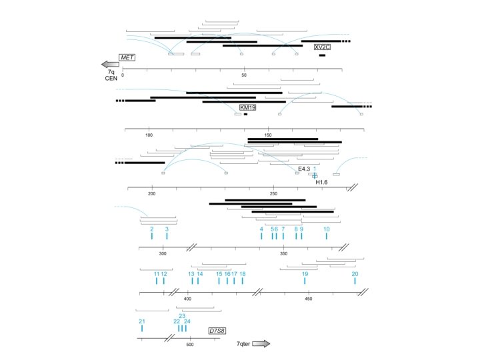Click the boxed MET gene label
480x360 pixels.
click(127, 57)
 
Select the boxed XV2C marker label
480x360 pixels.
click(323, 47)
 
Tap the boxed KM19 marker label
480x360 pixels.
click(247, 107)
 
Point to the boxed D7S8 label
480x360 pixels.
click(217, 331)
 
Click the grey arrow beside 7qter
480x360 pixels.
click(261, 344)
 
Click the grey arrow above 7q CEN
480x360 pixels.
click(110, 64)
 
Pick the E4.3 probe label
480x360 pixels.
click(304, 169)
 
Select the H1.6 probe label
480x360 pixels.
click(321, 182)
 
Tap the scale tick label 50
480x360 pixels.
click(244, 75)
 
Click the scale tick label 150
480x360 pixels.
click(267, 135)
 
